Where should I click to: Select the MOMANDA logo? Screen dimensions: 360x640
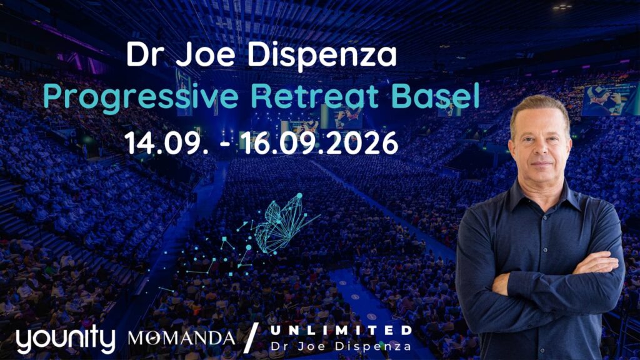[x=181, y=338]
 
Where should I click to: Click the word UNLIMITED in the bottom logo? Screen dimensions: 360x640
[x=341, y=329]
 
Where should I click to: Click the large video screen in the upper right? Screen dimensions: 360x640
[x=609, y=99]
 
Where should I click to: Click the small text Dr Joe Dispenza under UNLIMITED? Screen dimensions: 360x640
[x=341, y=345]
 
